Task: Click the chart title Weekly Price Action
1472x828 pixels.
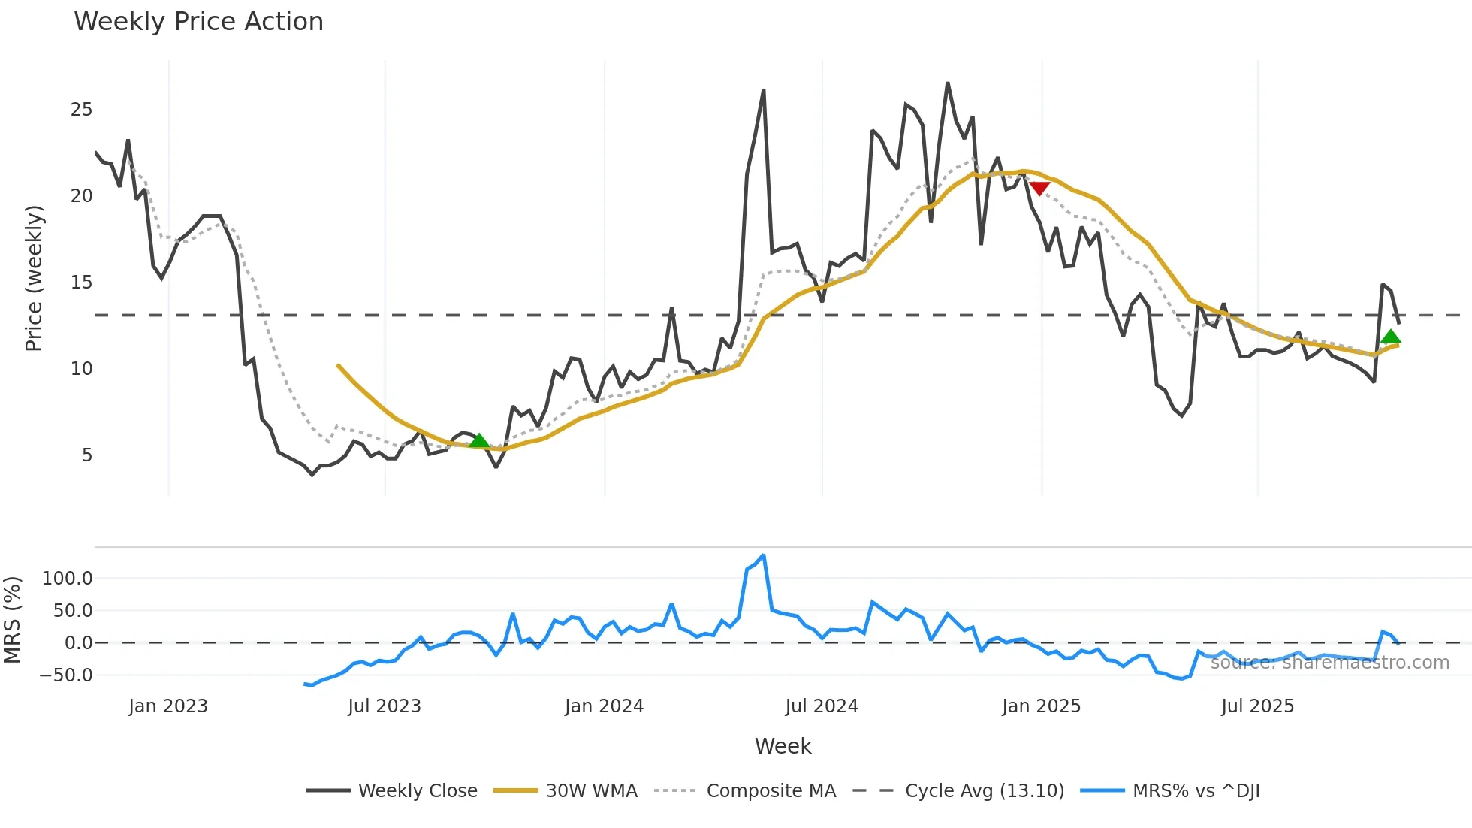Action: coord(198,22)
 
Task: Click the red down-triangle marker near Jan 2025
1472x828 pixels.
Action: coord(1039,188)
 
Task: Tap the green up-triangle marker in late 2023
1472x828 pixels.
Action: coord(478,440)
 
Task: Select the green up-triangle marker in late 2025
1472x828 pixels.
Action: coord(1391,337)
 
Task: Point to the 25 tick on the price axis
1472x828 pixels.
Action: coord(81,110)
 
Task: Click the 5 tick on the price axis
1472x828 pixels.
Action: coord(87,455)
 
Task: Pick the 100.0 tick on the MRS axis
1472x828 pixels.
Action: coord(68,579)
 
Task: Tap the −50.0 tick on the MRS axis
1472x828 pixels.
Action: coord(66,675)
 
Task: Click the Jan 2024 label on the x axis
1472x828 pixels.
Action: coord(604,706)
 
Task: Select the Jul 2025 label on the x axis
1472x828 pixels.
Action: coord(1257,706)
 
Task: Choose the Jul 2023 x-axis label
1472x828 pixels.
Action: coord(384,706)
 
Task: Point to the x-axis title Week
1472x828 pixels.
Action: coord(783,746)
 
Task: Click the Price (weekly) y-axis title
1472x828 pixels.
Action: coord(34,278)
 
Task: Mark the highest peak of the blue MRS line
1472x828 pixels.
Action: coord(763,556)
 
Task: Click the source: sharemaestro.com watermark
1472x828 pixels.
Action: coord(1329,663)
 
